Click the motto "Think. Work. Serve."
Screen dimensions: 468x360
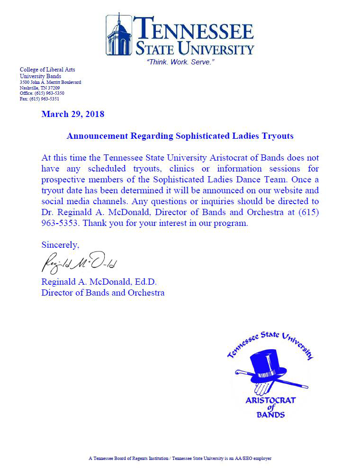180,62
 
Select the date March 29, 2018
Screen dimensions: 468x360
73,114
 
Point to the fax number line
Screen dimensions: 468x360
39,99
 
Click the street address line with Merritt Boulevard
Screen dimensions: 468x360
50,82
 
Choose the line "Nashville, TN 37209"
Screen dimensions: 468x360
40,88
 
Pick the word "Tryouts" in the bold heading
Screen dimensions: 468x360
278,136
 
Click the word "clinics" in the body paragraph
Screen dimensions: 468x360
183,169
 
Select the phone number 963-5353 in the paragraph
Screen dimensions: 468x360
57,224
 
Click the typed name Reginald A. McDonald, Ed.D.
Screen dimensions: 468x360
99,282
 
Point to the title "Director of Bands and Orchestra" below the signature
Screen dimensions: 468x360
103,293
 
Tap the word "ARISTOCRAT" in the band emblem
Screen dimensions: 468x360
270,400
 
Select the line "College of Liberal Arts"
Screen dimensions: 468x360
47,70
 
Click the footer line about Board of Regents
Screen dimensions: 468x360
180,459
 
